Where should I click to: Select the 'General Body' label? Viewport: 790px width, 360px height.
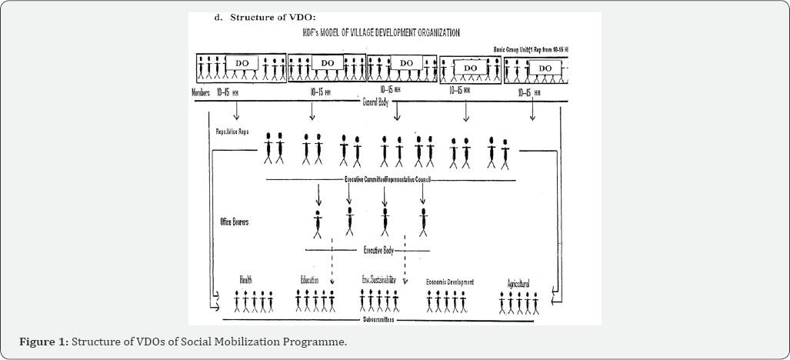click(x=379, y=100)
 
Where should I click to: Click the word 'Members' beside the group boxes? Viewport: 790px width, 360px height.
click(x=200, y=92)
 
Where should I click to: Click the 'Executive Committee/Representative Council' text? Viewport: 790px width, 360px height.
click(x=387, y=179)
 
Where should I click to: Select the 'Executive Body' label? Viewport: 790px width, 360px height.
click(x=379, y=250)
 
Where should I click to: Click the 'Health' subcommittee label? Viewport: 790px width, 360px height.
click(x=245, y=280)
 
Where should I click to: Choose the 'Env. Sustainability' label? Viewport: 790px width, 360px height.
click(x=378, y=281)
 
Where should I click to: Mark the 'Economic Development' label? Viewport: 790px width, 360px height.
click(x=450, y=282)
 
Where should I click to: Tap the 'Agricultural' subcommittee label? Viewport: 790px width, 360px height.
click(x=518, y=284)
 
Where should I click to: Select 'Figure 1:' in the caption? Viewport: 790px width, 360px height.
click(x=45, y=341)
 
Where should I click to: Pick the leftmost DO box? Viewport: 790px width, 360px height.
click(x=241, y=63)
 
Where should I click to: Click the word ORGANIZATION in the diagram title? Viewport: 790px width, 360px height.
click(x=429, y=33)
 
